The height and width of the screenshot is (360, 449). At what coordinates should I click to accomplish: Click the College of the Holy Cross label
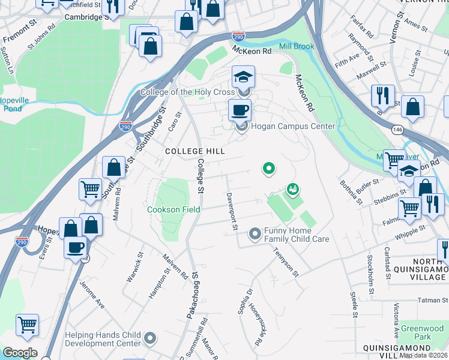(x=187, y=92)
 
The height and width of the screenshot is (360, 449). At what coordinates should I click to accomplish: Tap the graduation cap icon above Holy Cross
(x=244, y=77)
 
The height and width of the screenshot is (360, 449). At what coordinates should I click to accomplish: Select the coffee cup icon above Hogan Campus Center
(x=240, y=110)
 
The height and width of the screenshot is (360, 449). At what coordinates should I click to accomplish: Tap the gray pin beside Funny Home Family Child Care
(x=255, y=233)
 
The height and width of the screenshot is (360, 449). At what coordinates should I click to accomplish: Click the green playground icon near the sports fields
(x=293, y=190)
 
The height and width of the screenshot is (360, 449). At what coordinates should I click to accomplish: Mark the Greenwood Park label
(x=430, y=332)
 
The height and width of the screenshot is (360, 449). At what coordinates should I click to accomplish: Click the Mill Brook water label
(x=296, y=46)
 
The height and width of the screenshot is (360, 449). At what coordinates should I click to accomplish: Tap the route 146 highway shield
(x=397, y=128)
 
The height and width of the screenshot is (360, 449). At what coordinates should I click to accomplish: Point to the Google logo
(x=20, y=353)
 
